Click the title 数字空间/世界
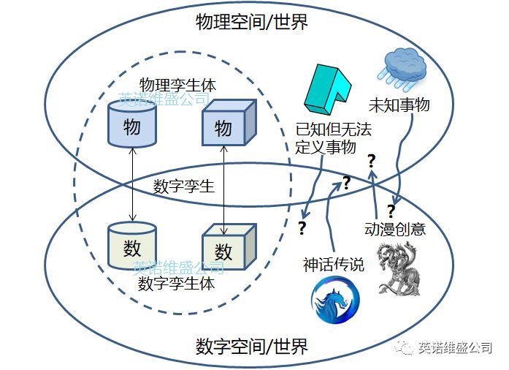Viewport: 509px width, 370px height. point(252,344)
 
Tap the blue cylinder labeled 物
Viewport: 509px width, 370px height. point(132,124)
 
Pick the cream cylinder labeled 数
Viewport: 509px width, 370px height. point(132,245)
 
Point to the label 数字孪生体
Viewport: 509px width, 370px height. point(176,283)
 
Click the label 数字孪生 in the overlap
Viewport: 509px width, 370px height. point(184,186)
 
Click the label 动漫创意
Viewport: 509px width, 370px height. point(395,229)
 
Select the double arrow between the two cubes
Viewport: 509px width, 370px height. point(224,187)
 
